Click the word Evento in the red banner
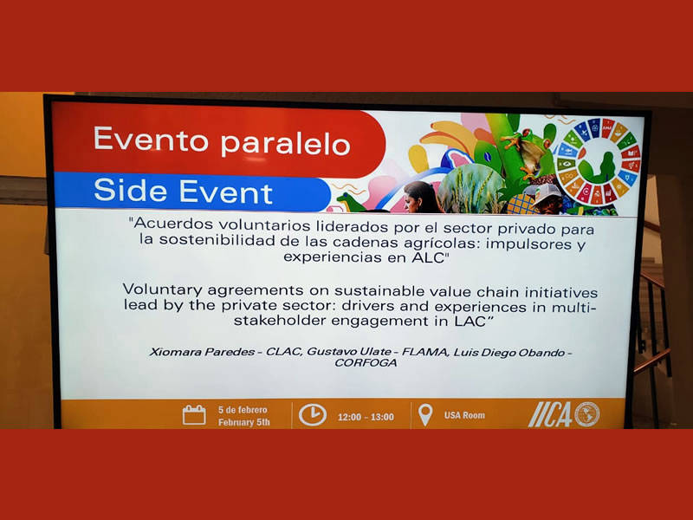click(x=151, y=139)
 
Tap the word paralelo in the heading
click(x=286, y=142)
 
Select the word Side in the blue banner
click(x=131, y=190)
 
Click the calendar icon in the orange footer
click(x=194, y=415)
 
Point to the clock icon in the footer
click(x=313, y=415)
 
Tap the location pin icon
click(x=425, y=415)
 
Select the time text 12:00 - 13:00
click(x=366, y=417)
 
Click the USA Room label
click(x=464, y=415)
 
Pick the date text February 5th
click(x=244, y=422)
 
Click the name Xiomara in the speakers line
click(x=170, y=352)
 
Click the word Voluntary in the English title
click(x=163, y=290)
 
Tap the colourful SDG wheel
click(x=598, y=161)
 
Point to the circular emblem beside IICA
click(x=586, y=414)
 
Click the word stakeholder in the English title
click(x=280, y=321)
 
